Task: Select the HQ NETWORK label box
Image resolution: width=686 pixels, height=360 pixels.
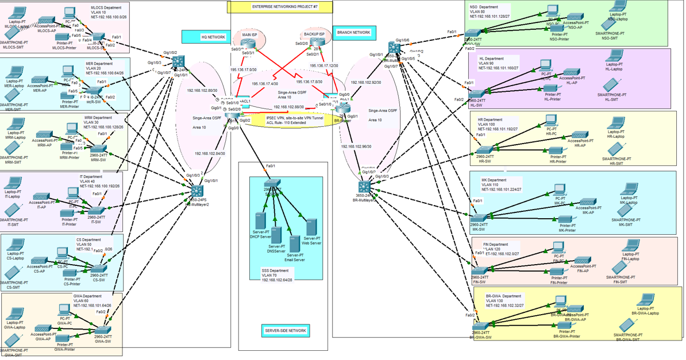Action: tap(206, 37)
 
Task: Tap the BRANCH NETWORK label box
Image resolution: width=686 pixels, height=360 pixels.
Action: tap(354, 33)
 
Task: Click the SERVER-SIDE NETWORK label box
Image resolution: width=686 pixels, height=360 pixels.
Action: tap(286, 331)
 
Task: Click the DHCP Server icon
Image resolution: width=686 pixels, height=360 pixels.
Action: tap(260, 222)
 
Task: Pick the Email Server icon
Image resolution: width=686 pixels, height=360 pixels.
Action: tap(295, 243)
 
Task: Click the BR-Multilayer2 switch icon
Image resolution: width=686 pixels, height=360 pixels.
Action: tap(364, 187)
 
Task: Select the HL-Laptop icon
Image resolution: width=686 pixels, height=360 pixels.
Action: tap(615, 56)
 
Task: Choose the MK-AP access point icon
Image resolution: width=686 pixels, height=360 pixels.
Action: tap(587, 203)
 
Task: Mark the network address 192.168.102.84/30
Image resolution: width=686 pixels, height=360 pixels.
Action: tap(210, 153)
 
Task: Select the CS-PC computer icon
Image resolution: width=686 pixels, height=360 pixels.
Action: tap(63, 253)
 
